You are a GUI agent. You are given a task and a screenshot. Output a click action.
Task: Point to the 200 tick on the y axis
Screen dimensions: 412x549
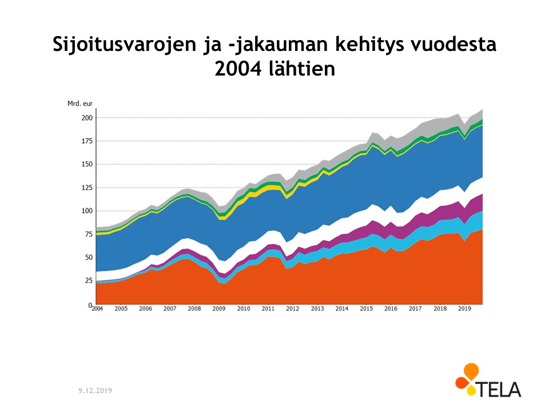pos(86,118)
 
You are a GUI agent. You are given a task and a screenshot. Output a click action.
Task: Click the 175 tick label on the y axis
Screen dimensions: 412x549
pos(86,141)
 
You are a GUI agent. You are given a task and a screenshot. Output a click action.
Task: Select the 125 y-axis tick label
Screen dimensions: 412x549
pos(86,188)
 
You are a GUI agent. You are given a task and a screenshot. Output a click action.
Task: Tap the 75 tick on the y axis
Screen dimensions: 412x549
pos(88,234)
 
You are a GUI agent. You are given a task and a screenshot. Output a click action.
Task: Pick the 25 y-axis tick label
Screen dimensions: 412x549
pos(88,281)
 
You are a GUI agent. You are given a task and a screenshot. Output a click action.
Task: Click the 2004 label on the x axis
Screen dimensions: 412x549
pos(97,309)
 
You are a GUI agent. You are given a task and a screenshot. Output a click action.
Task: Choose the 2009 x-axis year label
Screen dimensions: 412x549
pos(219,309)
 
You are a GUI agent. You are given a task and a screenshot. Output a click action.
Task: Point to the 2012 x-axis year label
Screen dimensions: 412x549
pos(292,309)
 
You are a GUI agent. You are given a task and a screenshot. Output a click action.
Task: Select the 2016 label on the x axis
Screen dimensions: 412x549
pos(391,309)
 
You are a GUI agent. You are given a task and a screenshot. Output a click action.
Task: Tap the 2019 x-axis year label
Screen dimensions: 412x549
pos(464,309)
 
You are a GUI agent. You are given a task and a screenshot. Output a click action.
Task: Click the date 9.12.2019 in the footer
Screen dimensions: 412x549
pos(95,390)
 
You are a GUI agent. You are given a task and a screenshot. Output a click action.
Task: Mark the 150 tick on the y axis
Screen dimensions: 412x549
pos(86,164)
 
